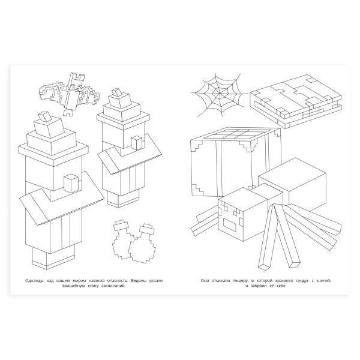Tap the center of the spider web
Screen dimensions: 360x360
[219, 93]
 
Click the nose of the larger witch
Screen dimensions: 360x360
[72, 184]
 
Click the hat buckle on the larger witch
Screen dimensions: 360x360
[46, 117]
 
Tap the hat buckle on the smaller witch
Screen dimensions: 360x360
[118, 93]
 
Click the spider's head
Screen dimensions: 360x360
[242, 214]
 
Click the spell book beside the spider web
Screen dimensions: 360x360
[296, 101]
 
